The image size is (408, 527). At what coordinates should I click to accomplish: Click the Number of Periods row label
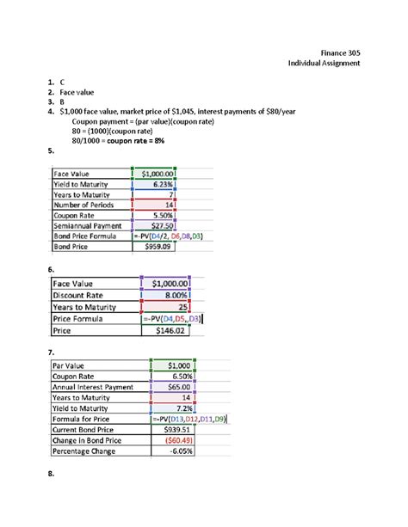coord(84,204)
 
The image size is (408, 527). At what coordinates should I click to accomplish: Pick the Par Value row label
coord(72,365)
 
